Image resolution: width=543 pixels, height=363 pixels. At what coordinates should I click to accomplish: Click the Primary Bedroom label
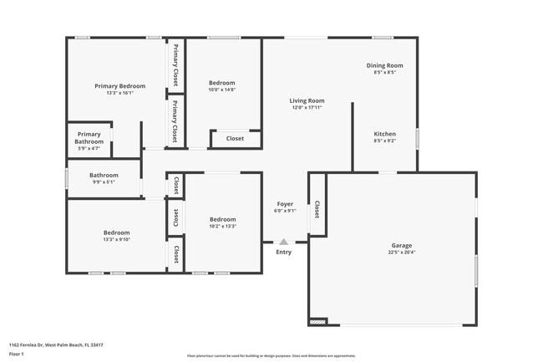(119, 86)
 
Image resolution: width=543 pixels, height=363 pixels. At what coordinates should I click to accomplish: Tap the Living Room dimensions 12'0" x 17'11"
(307, 108)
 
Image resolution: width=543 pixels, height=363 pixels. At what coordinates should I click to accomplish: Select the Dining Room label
(384, 65)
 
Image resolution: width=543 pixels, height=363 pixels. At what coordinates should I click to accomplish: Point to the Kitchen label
(384, 134)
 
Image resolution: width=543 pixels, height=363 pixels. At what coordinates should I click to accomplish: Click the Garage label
(402, 245)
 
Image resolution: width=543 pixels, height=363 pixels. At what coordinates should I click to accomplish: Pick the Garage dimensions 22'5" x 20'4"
(402, 252)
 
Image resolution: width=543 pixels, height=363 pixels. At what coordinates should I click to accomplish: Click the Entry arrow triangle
(284, 242)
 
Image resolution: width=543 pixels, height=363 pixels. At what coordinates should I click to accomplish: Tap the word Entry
(284, 252)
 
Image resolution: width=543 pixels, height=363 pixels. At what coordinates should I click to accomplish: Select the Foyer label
(285, 203)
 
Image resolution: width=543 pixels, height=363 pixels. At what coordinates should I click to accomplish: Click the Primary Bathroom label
(89, 138)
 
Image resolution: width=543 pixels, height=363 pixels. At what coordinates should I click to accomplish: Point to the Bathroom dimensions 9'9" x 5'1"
(103, 181)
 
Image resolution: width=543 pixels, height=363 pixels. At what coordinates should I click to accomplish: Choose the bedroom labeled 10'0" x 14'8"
(222, 86)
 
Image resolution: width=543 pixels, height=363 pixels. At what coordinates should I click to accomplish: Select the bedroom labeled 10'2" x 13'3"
(222, 222)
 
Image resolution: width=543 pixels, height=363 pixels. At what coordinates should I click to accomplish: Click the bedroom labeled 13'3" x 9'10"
(116, 235)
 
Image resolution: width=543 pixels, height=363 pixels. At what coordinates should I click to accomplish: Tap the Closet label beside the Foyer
(317, 210)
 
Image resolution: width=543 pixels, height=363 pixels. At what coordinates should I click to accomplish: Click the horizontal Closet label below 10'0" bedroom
(235, 139)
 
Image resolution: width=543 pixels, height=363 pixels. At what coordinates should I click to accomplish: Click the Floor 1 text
(18, 354)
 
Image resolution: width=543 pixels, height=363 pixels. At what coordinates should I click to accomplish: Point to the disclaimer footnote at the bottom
(271, 355)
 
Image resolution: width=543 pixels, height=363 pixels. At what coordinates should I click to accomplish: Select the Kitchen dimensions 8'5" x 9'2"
(384, 141)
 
